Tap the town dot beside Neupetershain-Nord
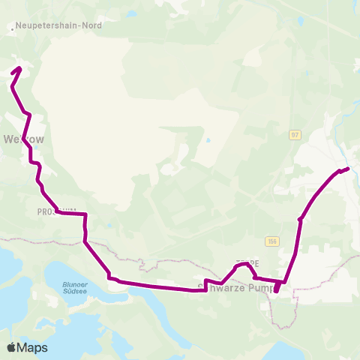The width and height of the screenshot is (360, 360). coord(13,31)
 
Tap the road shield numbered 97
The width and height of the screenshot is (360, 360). coord(295,133)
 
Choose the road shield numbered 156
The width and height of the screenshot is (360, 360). coord(271,241)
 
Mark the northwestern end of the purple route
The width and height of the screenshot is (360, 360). coord(19,69)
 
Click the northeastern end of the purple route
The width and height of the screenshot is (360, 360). coord(348,168)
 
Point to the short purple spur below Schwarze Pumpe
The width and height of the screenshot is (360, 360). coord(277,288)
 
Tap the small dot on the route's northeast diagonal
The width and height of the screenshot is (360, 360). coord(300,219)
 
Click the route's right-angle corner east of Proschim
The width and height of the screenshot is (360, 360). coord(85,214)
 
